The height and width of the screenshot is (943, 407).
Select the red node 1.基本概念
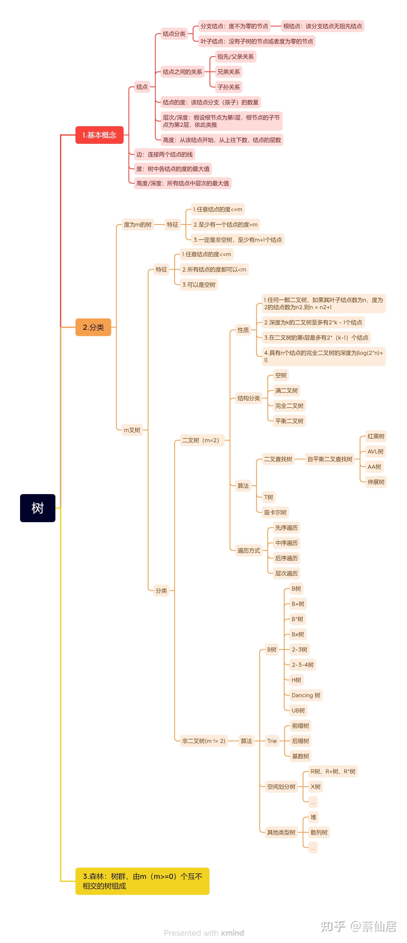pos(99,135)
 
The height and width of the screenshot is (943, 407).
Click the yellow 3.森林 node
pos(142,881)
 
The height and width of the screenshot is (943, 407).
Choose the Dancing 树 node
pos(305,695)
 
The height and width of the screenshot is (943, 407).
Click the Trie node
pos(272,741)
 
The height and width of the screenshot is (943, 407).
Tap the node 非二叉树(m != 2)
pos(204,741)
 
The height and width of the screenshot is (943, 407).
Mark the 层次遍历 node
pos(286,573)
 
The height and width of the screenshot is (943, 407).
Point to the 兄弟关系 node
pos(229,72)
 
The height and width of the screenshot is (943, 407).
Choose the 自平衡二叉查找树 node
pos(330,459)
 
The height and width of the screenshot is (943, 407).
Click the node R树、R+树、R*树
pos(333,771)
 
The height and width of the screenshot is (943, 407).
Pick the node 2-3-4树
pos(303,665)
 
